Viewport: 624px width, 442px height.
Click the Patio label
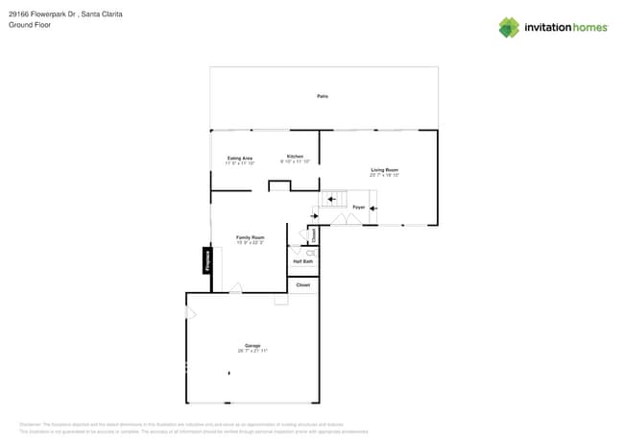click(323, 96)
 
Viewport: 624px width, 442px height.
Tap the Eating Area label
click(239, 158)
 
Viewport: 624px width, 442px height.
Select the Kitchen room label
click(295, 157)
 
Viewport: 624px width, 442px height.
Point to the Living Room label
click(384, 169)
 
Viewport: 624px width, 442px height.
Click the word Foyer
click(358, 207)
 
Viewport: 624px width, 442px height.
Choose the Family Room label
click(251, 237)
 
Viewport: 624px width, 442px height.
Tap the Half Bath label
click(302, 261)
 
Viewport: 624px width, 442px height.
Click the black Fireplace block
click(206, 260)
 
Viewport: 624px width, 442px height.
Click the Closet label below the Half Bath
click(302, 285)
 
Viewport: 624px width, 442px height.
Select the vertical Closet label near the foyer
click(313, 234)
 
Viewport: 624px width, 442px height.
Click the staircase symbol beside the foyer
click(334, 200)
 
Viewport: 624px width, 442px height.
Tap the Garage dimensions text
click(252, 352)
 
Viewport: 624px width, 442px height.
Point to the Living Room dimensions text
click(384, 175)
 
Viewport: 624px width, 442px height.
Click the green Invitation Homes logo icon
click(509, 27)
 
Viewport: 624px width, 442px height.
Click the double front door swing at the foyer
click(346, 220)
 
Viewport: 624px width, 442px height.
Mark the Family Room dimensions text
click(251, 243)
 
